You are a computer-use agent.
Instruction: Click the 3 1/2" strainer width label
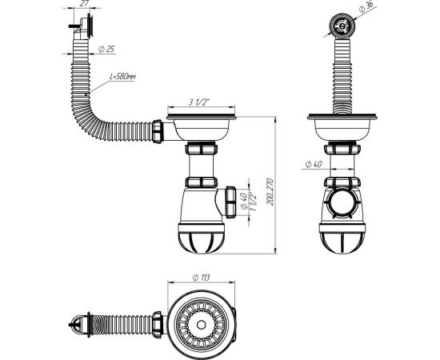pyautogui.click(x=198, y=103)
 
